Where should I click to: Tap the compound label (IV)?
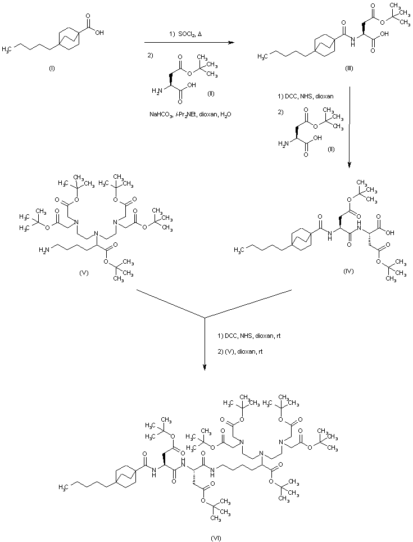pyautogui.click(x=348, y=271)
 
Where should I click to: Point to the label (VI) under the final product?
pyautogui.click(x=216, y=538)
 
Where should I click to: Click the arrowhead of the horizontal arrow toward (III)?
pyautogui.click(x=230, y=42)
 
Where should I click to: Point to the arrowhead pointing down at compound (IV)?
pyautogui.click(x=349, y=165)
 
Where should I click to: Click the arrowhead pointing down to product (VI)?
pyautogui.click(x=205, y=368)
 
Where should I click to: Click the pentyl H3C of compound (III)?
pyautogui.click(x=263, y=56)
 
